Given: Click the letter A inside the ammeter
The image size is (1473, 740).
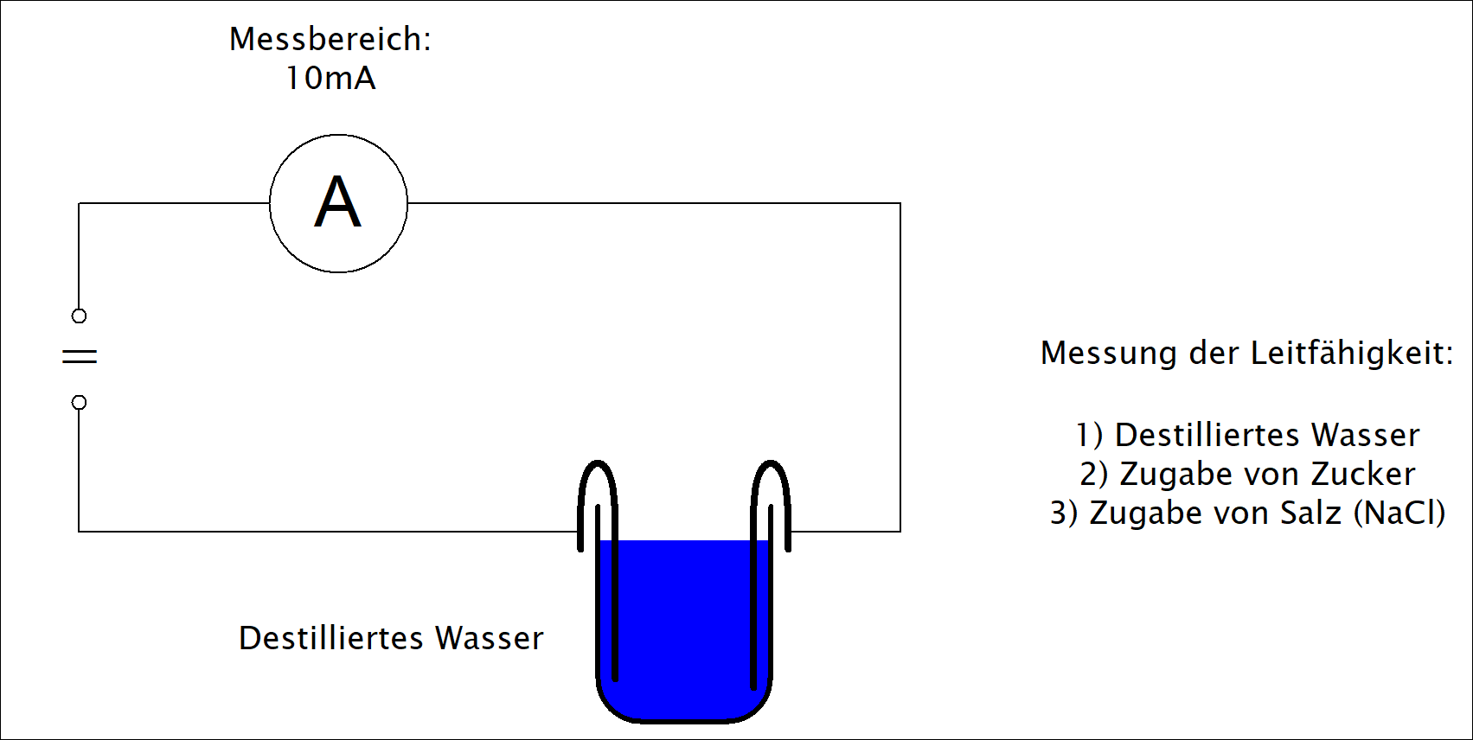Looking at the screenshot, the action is pos(338,201).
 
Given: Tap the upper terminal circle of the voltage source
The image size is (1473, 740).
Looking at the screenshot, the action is pos(79,316).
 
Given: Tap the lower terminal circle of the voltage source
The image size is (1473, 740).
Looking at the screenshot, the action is pos(79,402).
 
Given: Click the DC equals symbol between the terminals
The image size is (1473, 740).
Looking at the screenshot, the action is pos(80,356).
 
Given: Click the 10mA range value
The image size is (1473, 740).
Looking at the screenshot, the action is pos(330,78).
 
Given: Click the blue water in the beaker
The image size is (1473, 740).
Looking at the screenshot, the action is pos(684,624).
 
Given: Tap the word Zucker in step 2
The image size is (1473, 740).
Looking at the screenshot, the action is pos(1362,474).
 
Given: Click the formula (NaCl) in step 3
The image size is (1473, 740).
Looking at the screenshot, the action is pos(1399,514).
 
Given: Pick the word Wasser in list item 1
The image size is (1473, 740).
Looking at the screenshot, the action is pos(1365,435).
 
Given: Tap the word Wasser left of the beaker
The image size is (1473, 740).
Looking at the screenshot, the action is pos(490,638).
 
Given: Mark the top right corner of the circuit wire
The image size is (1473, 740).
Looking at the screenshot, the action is pos(900,203).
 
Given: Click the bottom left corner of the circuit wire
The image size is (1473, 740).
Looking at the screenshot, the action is pos(79,531).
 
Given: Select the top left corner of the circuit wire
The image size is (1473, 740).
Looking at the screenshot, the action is pos(79,203).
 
